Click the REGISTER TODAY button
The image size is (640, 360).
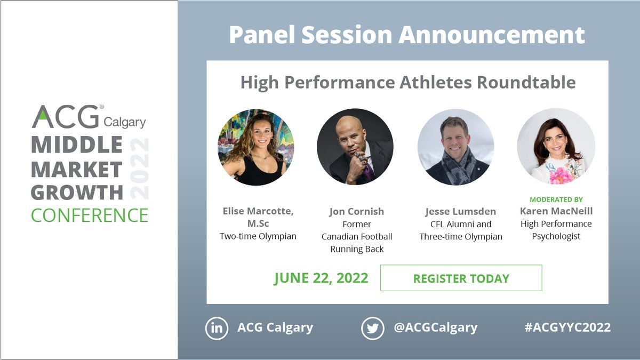(461, 278)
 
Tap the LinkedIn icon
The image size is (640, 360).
(217, 328)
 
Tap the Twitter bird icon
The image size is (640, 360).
(372, 328)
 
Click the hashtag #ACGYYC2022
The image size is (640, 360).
(567, 327)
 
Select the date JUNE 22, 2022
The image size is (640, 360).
(321, 278)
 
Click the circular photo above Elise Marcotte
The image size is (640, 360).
(255, 147)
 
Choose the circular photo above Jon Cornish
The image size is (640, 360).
(355, 147)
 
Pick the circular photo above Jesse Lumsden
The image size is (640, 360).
(455, 147)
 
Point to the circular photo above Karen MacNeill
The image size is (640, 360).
(556, 147)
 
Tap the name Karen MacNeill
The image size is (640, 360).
(556, 211)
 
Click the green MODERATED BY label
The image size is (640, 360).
(556, 199)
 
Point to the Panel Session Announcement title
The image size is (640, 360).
(407, 35)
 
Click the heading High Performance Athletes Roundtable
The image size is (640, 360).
(407, 83)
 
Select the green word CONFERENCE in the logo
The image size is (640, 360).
(90, 215)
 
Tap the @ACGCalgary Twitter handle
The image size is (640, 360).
(435, 327)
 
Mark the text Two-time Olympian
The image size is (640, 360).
(258, 236)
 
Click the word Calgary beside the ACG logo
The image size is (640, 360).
(124, 122)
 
